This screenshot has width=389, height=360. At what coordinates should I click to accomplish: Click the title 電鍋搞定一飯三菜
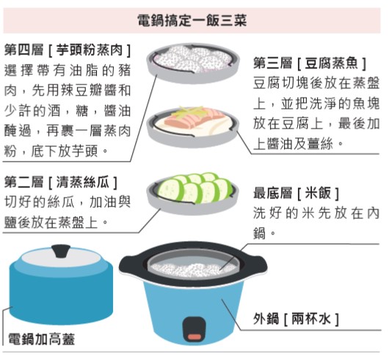click(192, 21)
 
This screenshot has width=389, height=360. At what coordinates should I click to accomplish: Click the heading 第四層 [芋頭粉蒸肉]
click(68, 51)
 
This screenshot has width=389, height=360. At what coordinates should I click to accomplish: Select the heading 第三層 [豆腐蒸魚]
click(310, 63)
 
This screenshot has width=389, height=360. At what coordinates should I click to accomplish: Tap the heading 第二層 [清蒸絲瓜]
click(61, 182)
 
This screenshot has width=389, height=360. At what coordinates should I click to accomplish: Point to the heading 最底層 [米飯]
click(297, 193)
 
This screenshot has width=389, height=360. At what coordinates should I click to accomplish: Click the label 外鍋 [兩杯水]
click(297, 319)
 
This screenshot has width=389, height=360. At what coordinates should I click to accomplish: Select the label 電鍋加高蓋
click(41, 339)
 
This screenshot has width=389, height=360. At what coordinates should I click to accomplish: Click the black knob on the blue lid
click(61, 251)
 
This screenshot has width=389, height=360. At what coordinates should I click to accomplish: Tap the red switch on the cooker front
click(194, 336)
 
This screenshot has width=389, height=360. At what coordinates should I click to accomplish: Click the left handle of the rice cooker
click(130, 265)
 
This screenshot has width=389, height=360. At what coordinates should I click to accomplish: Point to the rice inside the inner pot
click(193, 269)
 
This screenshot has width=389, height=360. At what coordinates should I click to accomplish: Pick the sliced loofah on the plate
click(194, 188)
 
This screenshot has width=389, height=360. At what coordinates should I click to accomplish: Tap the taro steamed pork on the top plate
click(193, 59)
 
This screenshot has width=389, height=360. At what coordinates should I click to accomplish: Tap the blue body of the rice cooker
click(194, 308)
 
